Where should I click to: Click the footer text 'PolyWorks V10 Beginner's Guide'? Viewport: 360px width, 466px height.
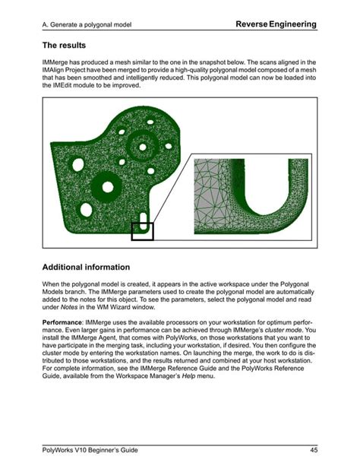[87, 445]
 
